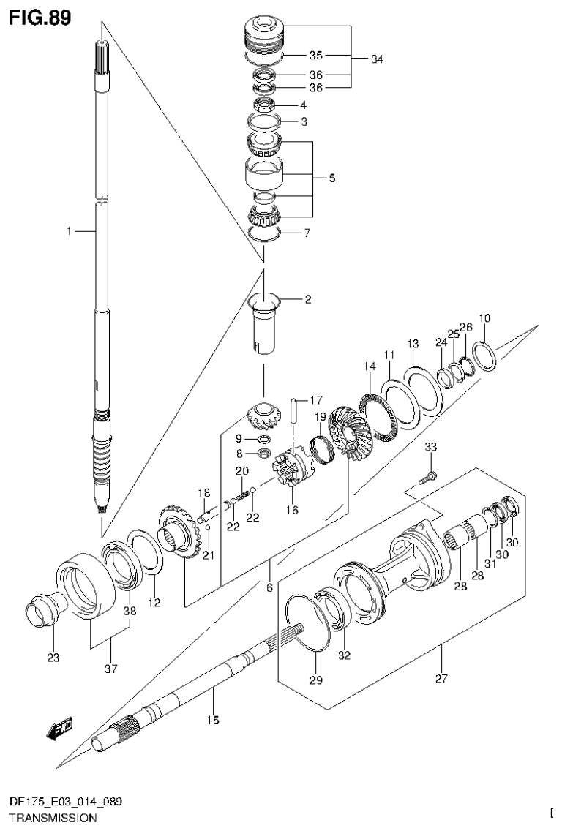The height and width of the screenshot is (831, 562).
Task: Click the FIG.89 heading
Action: click(x=40, y=18)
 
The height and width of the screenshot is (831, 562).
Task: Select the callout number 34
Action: click(x=377, y=59)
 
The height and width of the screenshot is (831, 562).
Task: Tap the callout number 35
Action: click(x=315, y=55)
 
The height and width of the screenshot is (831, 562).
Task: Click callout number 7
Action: click(x=308, y=233)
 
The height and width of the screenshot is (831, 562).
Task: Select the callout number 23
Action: click(x=53, y=657)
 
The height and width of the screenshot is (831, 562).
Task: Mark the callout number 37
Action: click(x=110, y=667)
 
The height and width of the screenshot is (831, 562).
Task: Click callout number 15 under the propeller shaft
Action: click(x=212, y=721)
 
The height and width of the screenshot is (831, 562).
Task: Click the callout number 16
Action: click(x=293, y=510)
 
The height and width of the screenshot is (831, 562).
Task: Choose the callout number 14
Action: click(x=367, y=366)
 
